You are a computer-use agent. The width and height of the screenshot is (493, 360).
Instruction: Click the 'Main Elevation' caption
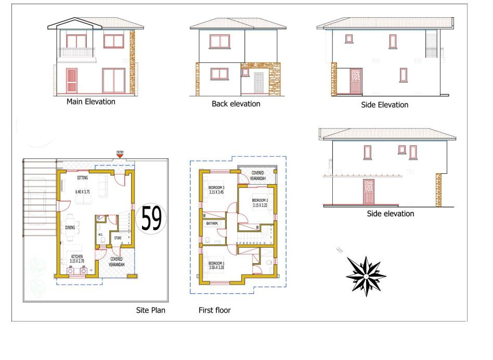point(90,101)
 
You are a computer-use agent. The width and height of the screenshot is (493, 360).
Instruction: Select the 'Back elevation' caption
point(236,104)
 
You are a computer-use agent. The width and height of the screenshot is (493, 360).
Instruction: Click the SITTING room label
point(82,178)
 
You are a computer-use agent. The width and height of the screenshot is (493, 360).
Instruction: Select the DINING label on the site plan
point(70,227)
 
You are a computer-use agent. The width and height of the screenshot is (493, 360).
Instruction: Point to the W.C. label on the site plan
point(101,234)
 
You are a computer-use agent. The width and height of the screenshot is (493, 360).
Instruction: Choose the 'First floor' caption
point(214,311)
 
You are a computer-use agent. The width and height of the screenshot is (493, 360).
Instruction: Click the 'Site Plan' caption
point(150,311)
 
